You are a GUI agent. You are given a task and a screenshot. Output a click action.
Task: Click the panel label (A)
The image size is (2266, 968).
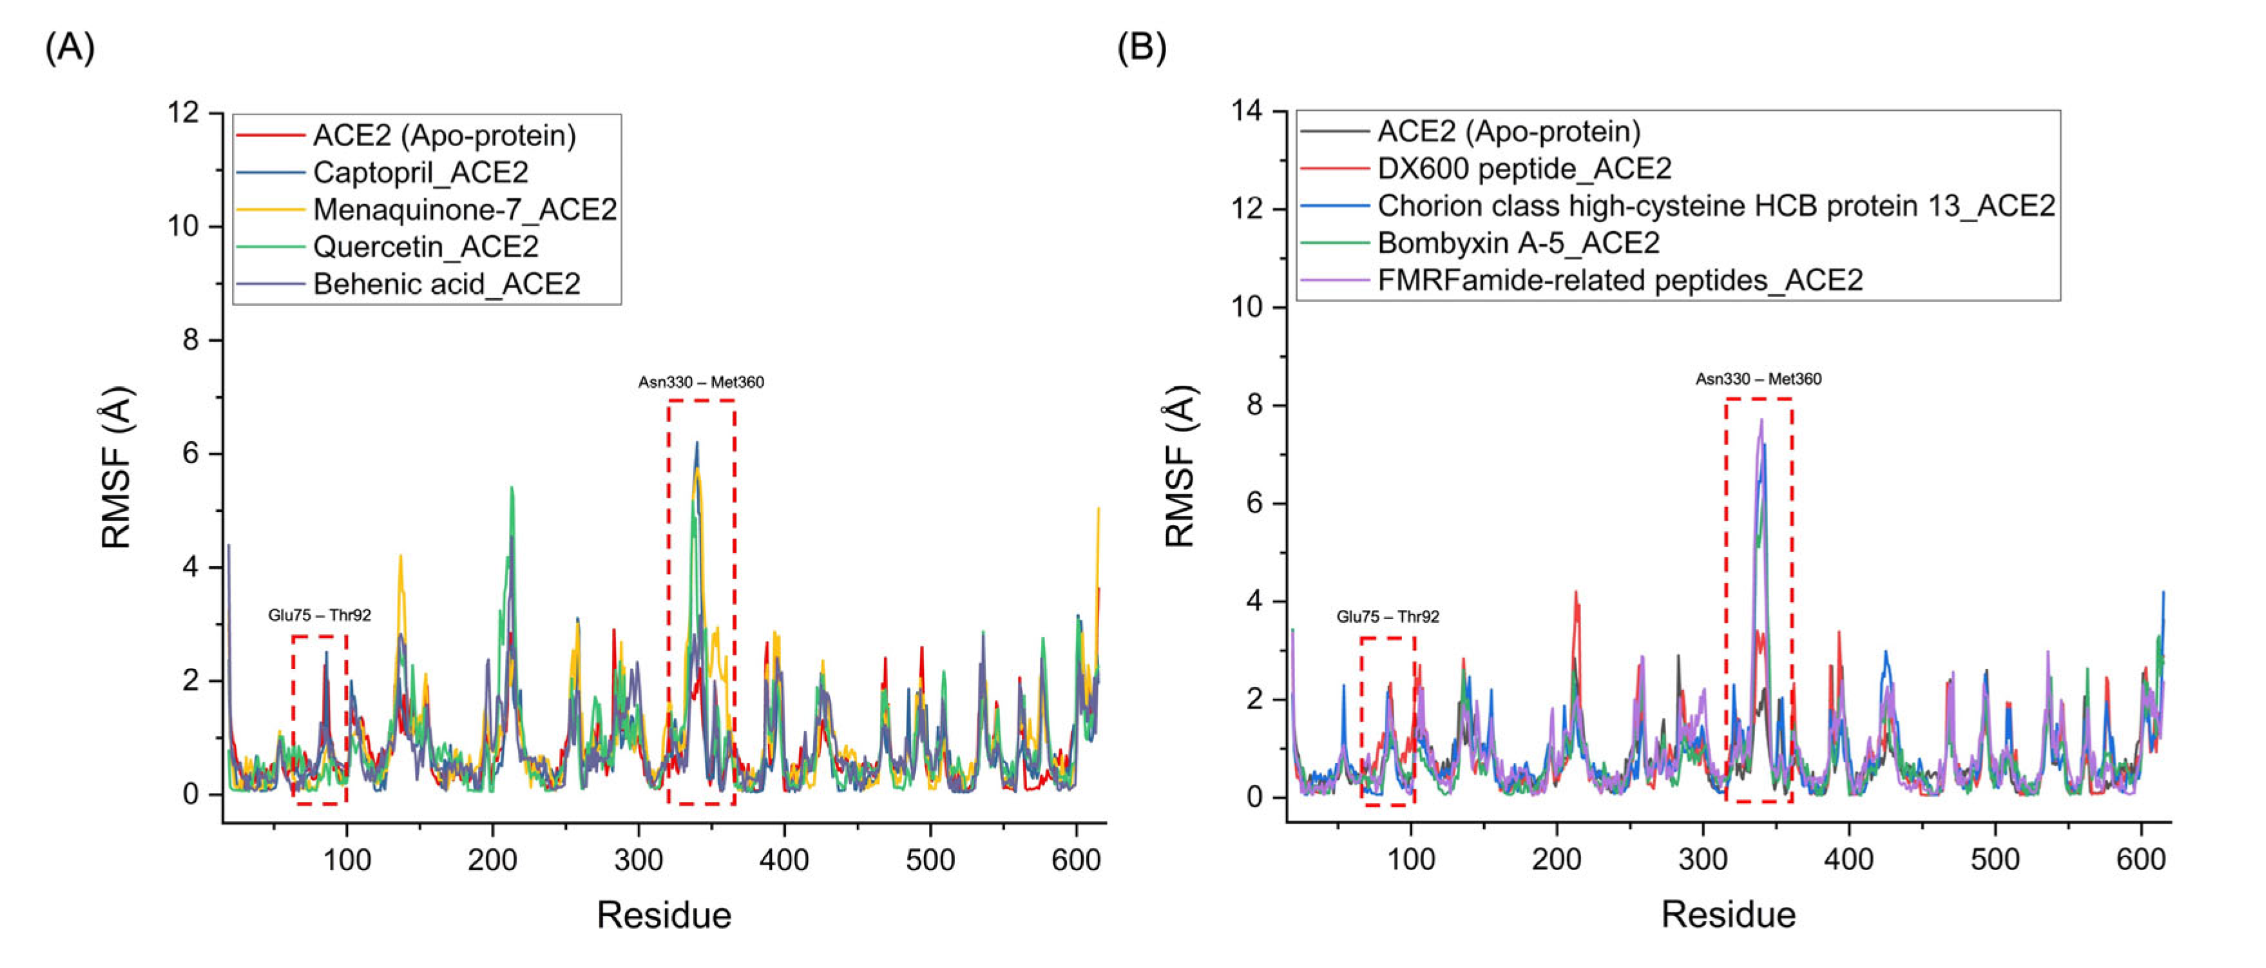(x=70, y=48)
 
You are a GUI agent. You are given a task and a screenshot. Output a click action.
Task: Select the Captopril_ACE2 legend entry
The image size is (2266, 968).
(x=421, y=173)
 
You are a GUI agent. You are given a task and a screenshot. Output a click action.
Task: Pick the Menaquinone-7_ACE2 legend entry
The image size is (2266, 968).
(x=465, y=209)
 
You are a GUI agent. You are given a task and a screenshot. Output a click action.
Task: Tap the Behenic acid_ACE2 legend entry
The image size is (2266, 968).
(x=446, y=284)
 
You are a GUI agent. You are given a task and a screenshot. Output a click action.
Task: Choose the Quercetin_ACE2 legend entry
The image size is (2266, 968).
(x=426, y=246)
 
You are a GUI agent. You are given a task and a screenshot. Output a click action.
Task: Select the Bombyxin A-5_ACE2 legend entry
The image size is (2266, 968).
(x=1518, y=243)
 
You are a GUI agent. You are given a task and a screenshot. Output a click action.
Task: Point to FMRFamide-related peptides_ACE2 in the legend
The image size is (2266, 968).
(x=1620, y=280)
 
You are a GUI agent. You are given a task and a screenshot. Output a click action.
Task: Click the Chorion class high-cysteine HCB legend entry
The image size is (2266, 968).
(x=1715, y=205)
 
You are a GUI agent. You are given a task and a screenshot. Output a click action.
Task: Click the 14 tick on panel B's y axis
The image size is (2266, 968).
(x=1247, y=111)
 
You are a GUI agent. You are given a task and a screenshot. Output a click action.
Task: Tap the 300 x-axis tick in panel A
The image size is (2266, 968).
(x=638, y=860)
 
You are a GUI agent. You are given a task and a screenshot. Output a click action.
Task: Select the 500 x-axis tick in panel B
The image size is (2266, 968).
(x=1994, y=859)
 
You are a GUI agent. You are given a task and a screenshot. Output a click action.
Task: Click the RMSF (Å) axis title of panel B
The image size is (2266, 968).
(x=1180, y=467)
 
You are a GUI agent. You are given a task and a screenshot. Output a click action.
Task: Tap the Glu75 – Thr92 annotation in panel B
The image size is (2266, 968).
(x=1387, y=616)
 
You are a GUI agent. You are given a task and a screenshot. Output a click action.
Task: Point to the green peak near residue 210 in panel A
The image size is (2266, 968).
(x=511, y=488)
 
